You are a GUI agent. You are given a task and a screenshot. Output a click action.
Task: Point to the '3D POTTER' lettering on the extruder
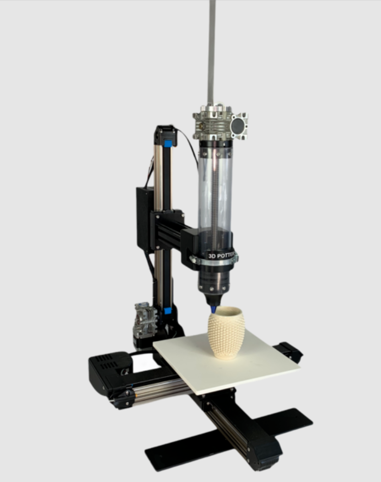tap(221, 255)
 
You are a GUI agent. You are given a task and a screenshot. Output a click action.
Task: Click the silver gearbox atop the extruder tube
tap(220, 122)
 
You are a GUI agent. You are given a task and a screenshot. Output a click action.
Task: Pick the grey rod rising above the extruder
tap(212, 52)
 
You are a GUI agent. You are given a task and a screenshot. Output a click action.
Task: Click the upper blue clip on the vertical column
tap(168, 144)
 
